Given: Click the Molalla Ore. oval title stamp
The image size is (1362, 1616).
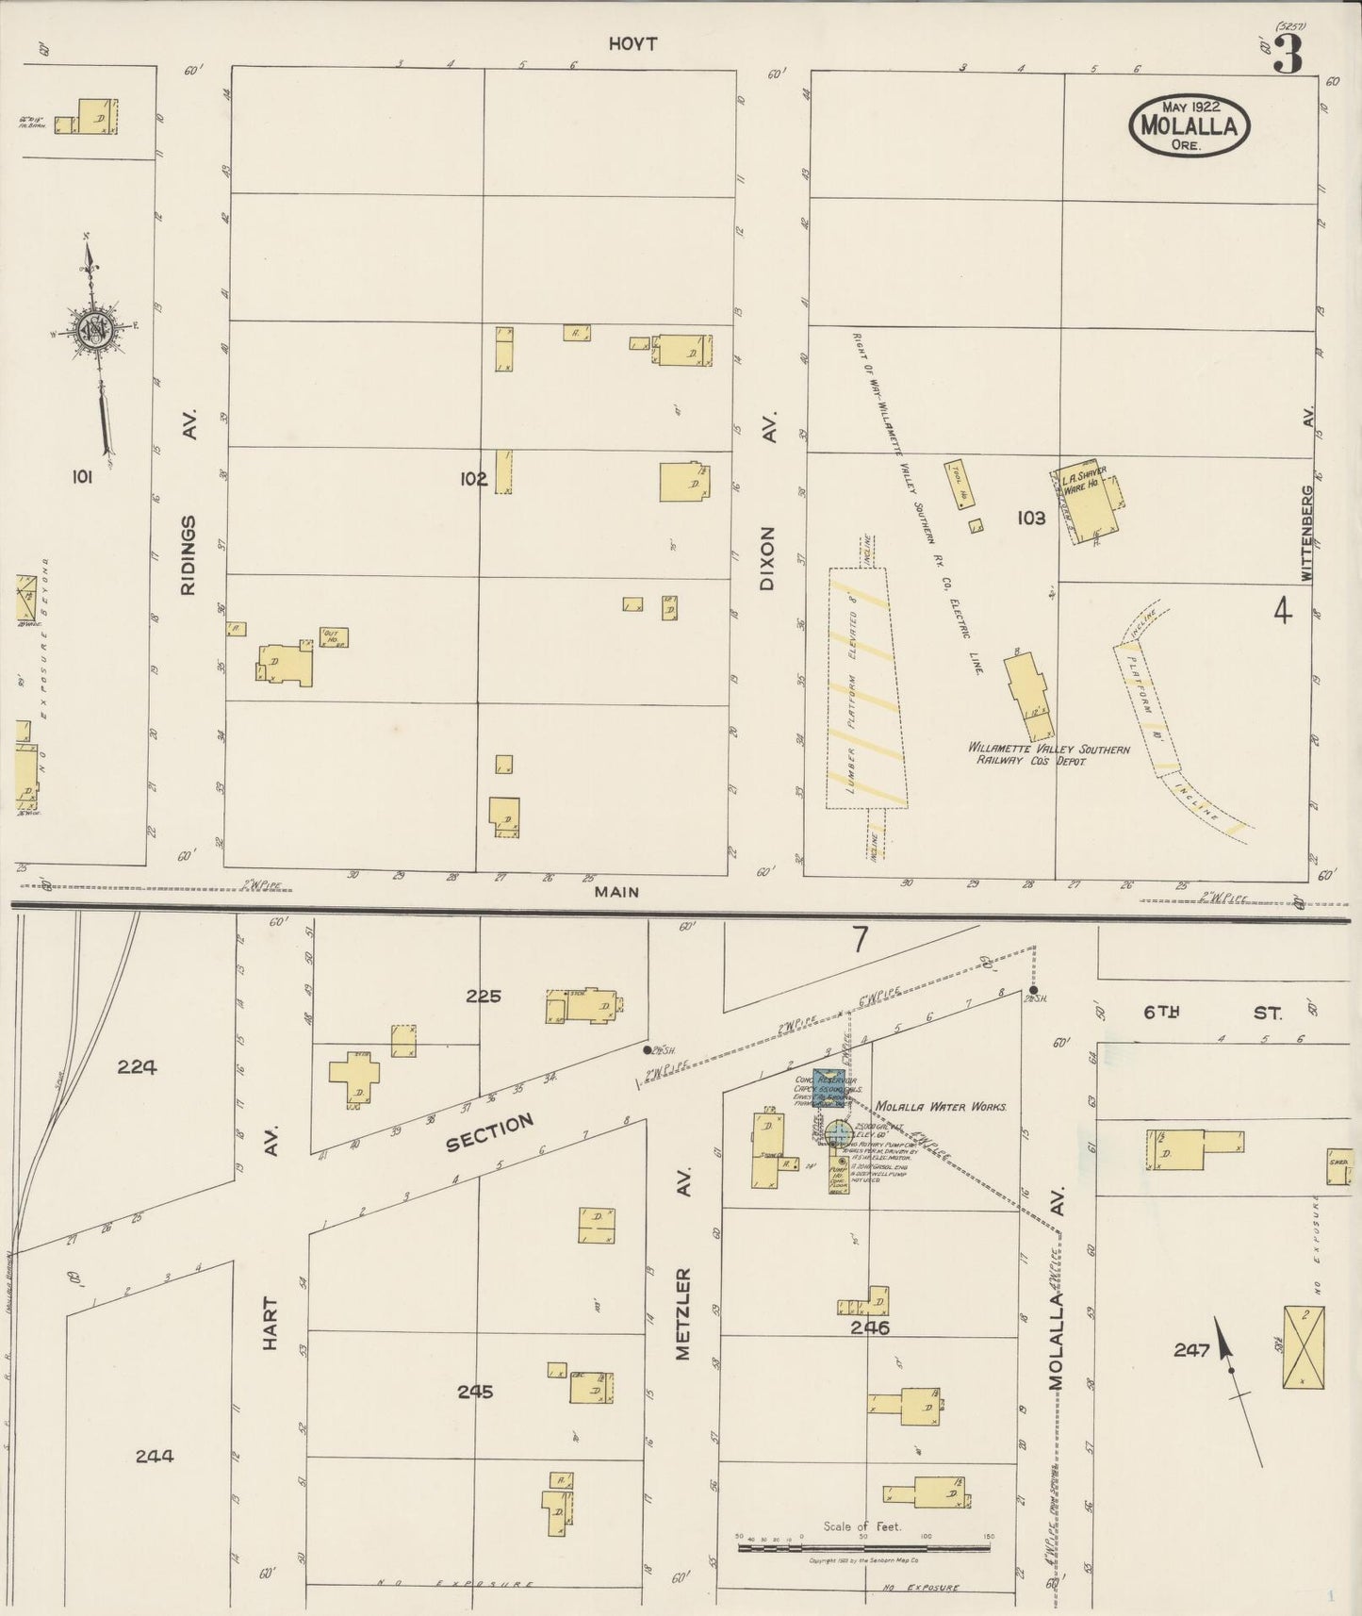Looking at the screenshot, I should [x=1190, y=124].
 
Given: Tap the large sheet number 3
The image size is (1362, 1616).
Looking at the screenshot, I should [x=1288, y=56].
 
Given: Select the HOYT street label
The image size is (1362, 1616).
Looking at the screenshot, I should [x=632, y=43].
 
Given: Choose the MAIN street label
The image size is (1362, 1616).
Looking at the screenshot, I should [x=616, y=891].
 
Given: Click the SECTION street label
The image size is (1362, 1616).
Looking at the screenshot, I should [x=489, y=1132].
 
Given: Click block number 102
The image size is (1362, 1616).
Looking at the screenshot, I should [x=473, y=479].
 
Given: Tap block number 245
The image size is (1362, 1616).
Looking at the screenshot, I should [x=475, y=1392].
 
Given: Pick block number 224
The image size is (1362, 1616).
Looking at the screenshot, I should [x=137, y=1067].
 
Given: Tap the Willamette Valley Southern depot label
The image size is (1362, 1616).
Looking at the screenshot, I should [x=1049, y=754].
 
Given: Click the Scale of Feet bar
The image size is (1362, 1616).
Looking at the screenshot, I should [x=863, y=1548].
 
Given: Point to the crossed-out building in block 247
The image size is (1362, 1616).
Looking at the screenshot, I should [x=1303, y=1347].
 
